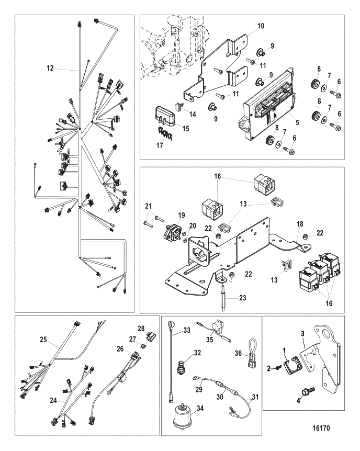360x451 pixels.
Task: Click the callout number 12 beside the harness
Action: coord(50,68)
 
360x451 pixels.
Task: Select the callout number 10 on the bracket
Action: coord(261,26)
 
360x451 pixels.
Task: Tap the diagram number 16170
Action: coord(321,429)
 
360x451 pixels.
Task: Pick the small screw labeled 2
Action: coord(278,368)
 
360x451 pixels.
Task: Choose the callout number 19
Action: coord(181,215)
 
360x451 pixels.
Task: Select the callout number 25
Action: coord(43,340)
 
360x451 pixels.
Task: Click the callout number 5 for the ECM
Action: coord(297,122)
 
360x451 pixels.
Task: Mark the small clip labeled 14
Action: coord(179,106)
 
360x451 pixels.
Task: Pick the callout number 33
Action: coord(187,330)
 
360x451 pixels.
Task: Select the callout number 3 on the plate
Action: coord(302,334)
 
